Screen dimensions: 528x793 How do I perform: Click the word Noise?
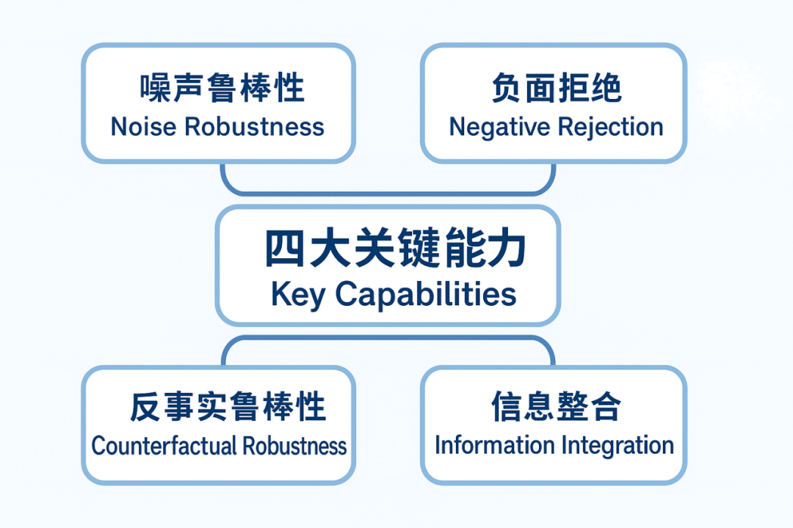(143, 127)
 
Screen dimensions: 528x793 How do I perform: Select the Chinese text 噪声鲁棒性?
(222, 88)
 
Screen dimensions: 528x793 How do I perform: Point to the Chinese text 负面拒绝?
(556, 88)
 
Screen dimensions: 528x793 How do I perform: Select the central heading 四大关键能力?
(395, 250)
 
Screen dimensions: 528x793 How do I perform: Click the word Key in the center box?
(297, 295)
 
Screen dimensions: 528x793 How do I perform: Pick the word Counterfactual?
(164, 445)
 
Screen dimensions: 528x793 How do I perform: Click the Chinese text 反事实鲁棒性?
(228, 406)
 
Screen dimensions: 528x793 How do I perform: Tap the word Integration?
(618, 445)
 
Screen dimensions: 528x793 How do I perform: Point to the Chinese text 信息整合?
(556, 406)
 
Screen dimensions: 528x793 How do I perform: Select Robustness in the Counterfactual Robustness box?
(295, 445)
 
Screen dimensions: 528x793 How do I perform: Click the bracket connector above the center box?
(388, 192)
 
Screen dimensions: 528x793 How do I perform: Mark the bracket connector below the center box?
(388, 340)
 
